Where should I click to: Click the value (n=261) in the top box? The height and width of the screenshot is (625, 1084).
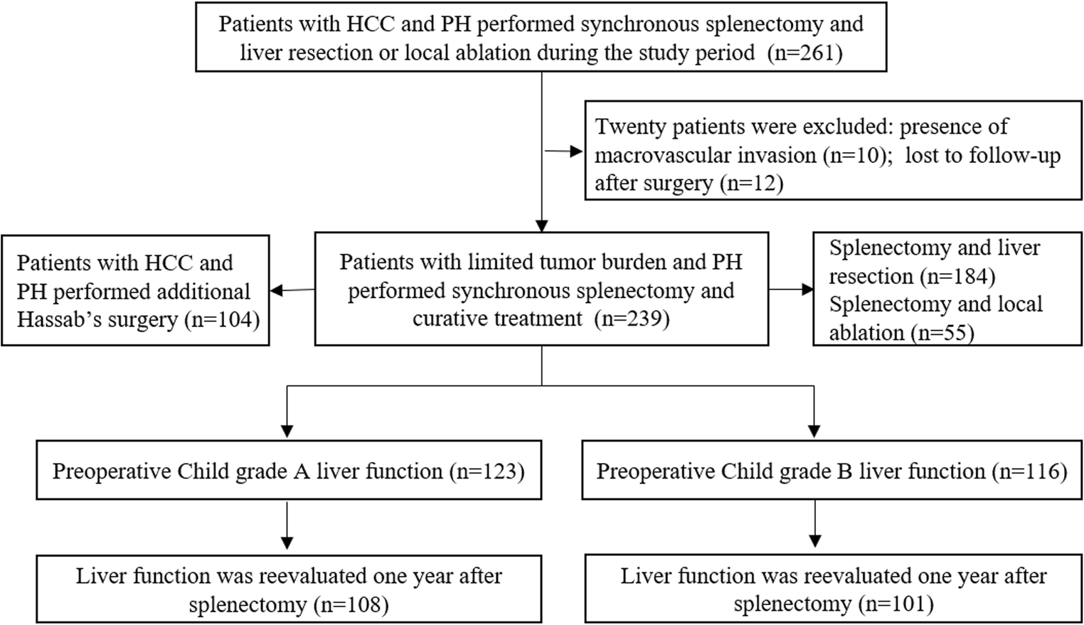(x=804, y=53)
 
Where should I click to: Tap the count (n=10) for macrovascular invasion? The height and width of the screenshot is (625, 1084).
(x=857, y=155)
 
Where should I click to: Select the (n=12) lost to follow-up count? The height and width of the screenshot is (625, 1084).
(x=751, y=183)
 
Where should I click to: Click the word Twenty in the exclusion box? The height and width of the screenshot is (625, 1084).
(x=628, y=127)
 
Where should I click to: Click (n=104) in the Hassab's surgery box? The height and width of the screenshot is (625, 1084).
(x=222, y=320)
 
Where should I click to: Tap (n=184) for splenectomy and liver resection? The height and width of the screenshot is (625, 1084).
(x=957, y=276)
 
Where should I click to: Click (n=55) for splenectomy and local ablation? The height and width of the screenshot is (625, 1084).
(x=939, y=332)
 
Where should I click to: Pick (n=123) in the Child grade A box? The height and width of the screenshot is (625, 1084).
(x=487, y=471)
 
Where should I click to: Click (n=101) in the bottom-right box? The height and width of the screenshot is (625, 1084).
(x=895, y=604)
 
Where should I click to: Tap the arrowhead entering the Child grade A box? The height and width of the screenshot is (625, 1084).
(x=287, y=431)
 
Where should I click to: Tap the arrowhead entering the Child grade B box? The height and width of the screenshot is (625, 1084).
(x=814, y=431)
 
